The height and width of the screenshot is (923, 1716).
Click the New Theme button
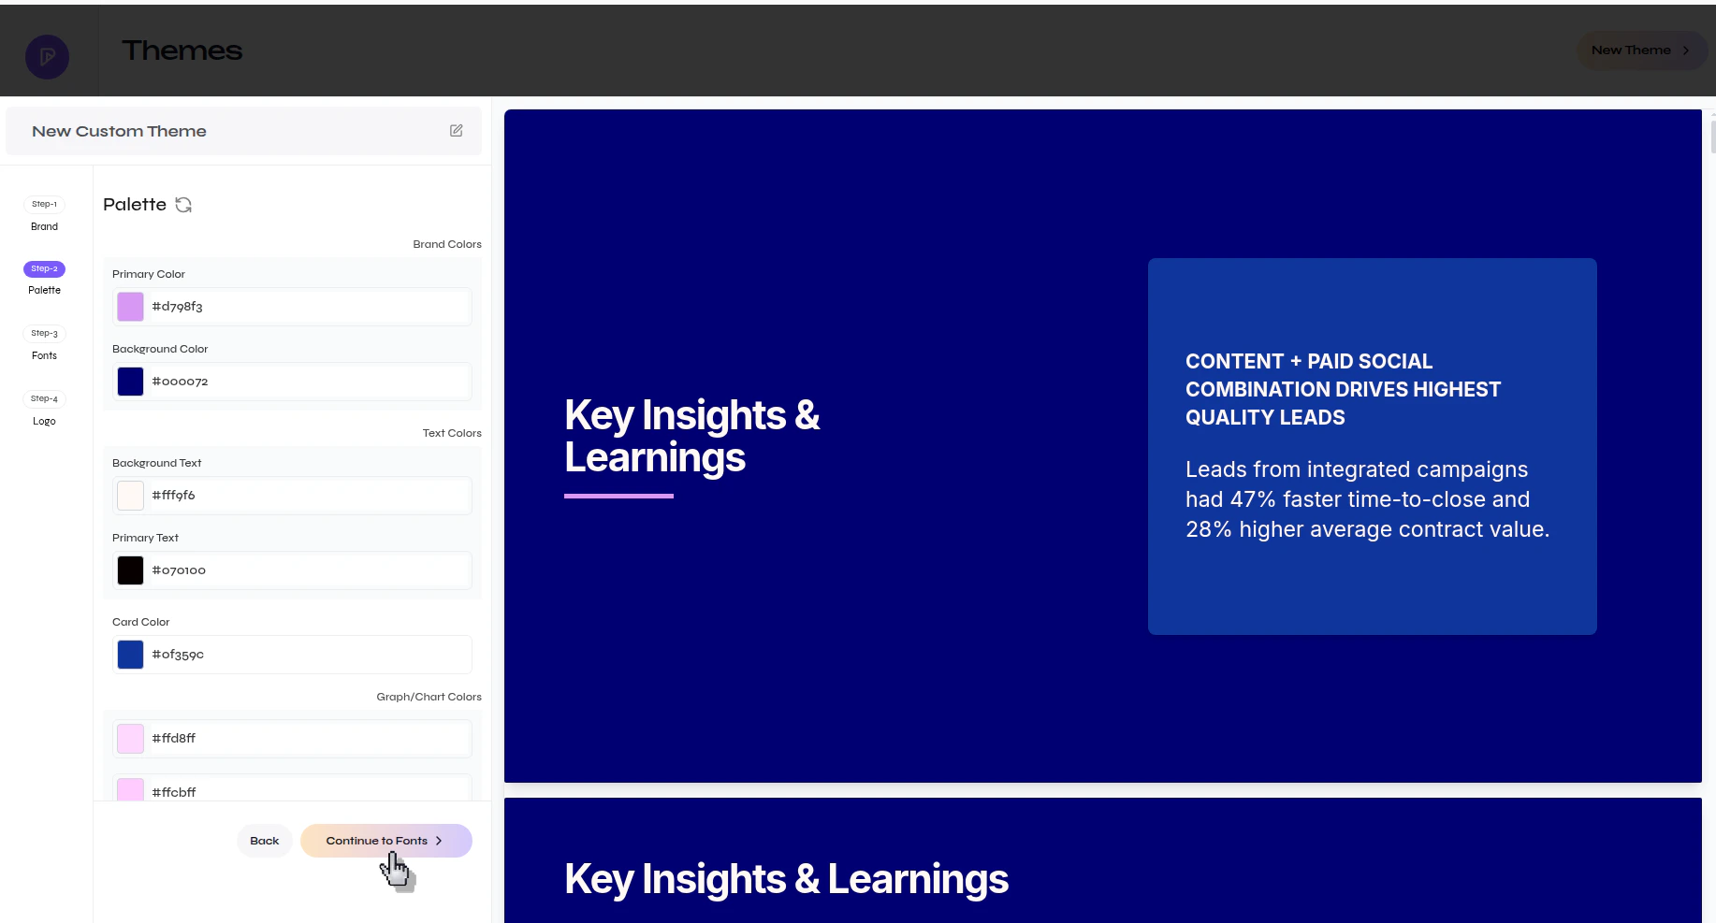1640,50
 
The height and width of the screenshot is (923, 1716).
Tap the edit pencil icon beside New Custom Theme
457,131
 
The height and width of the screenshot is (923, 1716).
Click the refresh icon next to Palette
183,205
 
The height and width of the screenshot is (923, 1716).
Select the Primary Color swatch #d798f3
130,307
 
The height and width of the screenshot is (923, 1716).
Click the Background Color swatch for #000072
130,382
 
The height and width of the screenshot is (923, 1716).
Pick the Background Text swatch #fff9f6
130,496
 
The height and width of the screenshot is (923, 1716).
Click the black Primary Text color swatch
130,570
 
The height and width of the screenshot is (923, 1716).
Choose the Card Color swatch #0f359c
130,655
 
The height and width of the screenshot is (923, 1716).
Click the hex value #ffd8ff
174,739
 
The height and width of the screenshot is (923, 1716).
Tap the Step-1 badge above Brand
44,204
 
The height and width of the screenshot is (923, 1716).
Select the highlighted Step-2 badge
44,268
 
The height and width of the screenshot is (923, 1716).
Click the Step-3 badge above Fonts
44,333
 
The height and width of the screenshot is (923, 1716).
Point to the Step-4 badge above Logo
44,398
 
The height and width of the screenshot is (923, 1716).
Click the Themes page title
182,50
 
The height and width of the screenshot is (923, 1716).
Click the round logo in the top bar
47,57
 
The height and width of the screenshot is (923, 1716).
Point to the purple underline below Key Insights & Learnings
618,496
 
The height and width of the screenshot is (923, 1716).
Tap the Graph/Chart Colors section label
429,697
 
